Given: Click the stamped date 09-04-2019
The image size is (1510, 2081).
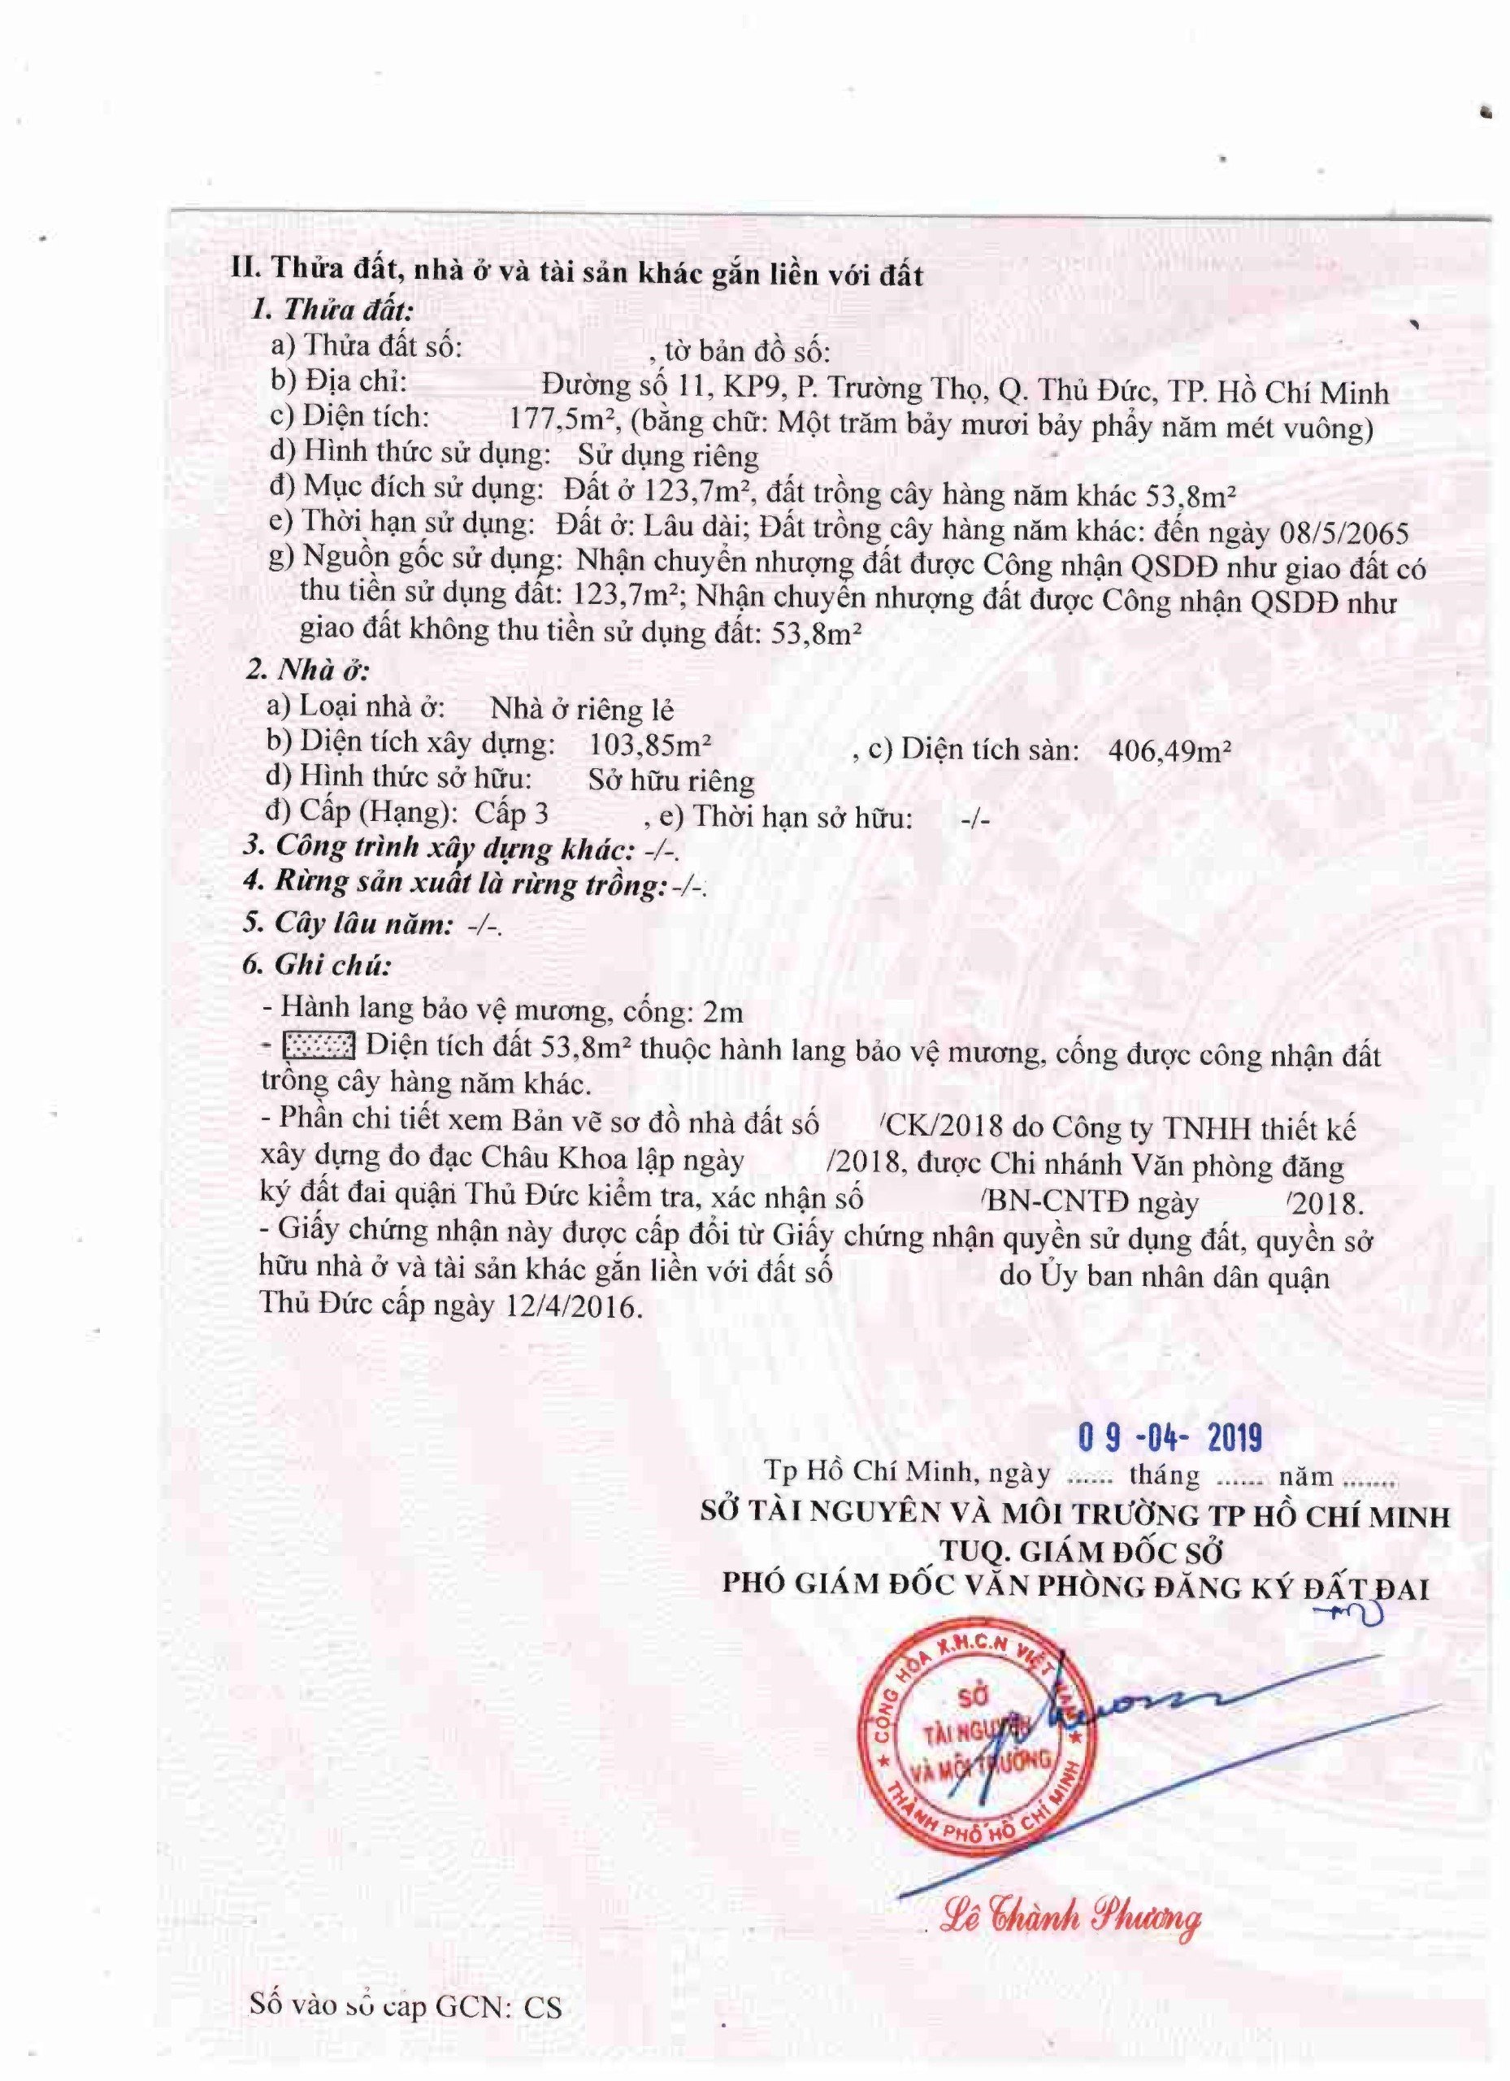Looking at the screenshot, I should point(1169,1437).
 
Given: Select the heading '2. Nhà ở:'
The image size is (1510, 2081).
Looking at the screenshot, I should point(307,670).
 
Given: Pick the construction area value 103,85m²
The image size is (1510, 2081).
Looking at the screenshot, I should point(650,743).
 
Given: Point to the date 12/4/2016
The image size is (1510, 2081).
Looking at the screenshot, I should point(569,1306).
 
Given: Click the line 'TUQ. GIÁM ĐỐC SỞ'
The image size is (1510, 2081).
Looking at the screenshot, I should point(1082,1552).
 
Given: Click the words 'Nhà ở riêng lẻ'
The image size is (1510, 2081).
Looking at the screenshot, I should point(582,708).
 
